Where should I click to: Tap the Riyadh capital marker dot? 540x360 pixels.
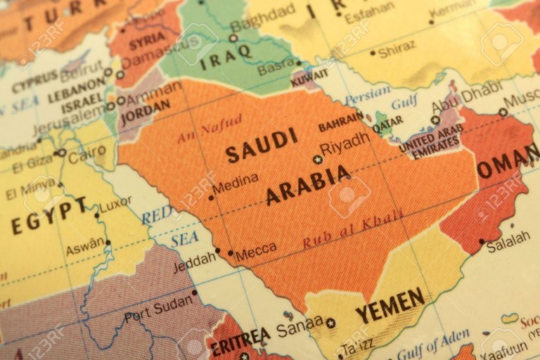pyautogui.click(x=318, y=160)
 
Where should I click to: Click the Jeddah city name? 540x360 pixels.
pyautogui.click(x=194, y=261)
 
